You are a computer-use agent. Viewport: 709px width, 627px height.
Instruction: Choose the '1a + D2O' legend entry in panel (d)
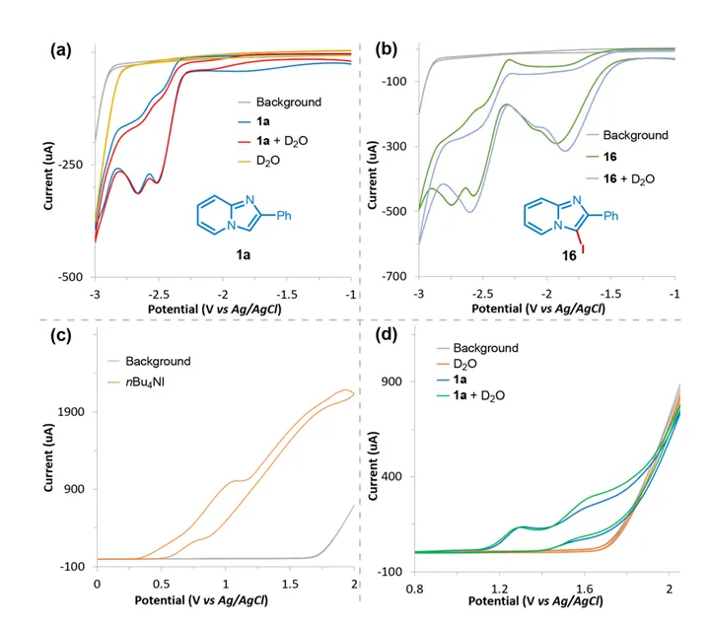472,396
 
